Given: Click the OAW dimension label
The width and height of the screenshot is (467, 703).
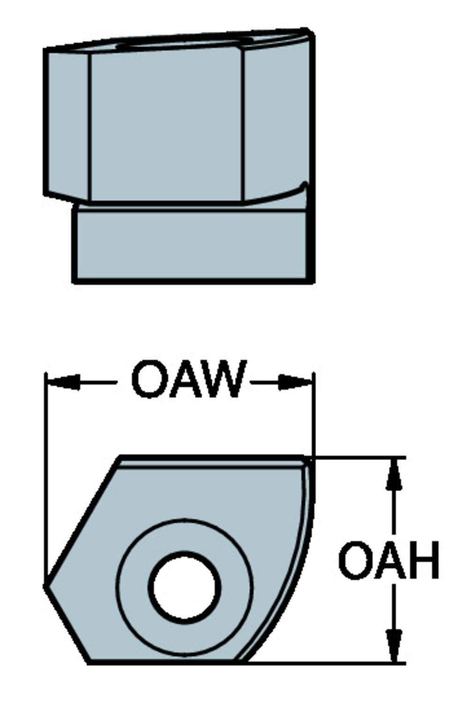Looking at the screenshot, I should pyautogui.click(x=188, y=380).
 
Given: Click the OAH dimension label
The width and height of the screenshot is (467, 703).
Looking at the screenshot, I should pyautogui.click(x=388, y=560).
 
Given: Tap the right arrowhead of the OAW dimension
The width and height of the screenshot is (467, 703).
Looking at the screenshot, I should pyautogui.click(x=296, y=382).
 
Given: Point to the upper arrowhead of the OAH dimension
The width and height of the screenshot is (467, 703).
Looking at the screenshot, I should pyautogui.click(x=394, y=476).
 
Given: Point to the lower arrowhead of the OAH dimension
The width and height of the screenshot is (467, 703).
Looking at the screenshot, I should pyautogui.click(x=394, y=644).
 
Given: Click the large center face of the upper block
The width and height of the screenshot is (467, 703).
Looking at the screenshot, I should pyautogui.click(x=166, y=124).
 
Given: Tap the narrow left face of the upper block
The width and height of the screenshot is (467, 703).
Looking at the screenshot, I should pyautogui.click(x=67, y=124).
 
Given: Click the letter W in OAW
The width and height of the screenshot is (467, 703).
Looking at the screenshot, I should pyautogui.click(x=220, y=380).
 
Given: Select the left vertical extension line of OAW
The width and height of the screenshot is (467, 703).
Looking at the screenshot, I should pyautogui.click(x=45, y=469).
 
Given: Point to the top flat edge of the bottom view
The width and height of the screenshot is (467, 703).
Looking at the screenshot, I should pyautogui.click(x=211, y=457).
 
